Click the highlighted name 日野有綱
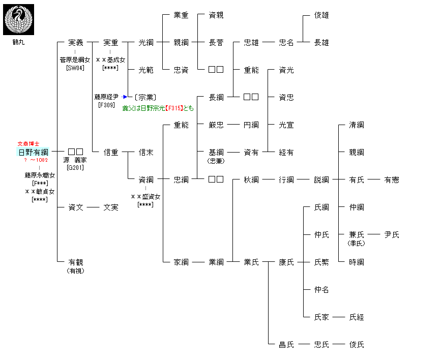tap(33, 152)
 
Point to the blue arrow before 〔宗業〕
tap(125, 97)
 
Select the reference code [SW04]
tap(75, 68)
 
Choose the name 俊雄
tap(321, 15)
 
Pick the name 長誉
tap(216, 43)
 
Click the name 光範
tap(146, 70)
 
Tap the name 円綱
tap(251, 125)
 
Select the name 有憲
tap(392, 180)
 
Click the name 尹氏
tap(392, 235)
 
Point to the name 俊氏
tap(357, 345)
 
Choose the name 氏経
tap(357, 317)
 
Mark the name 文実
tap(111, 207)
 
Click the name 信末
tap(146, 153)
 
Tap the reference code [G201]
tap(75, 167)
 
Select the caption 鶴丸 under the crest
tap(18, 42)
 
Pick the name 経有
tap(286, 153)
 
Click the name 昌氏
tap(286, 345)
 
